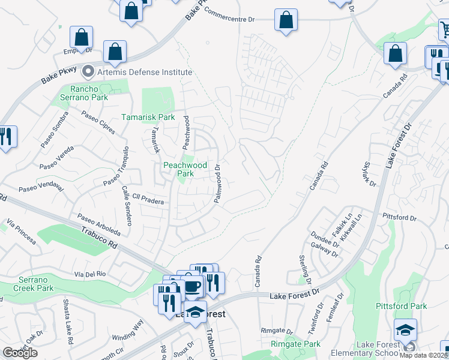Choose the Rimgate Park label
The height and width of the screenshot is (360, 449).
(x=295, y=344)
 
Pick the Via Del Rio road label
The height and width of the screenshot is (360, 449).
(x=90, y=274)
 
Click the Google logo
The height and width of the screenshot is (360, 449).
(x=20, y=353)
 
